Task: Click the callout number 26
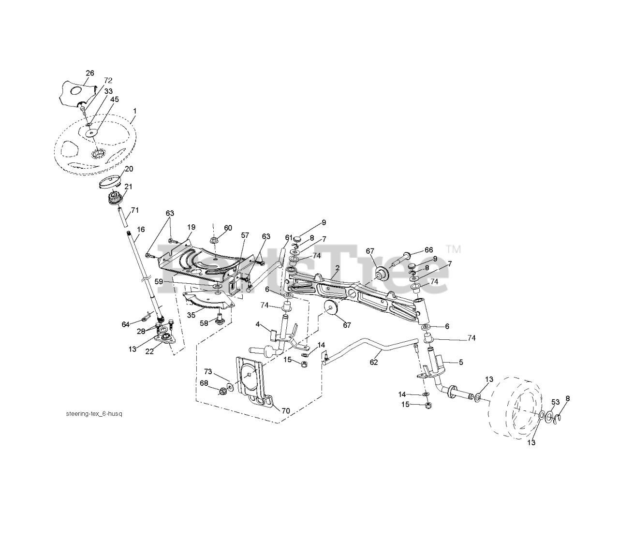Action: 90,73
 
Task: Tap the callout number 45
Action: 114,99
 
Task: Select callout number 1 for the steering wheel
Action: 134,111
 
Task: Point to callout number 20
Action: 129,169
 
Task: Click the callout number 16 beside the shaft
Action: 141,230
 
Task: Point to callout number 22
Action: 149,351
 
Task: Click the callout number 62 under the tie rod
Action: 373,362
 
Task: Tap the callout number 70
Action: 285,411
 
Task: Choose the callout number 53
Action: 555,402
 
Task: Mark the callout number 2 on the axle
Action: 337,267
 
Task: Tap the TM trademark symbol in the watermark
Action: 454,249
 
